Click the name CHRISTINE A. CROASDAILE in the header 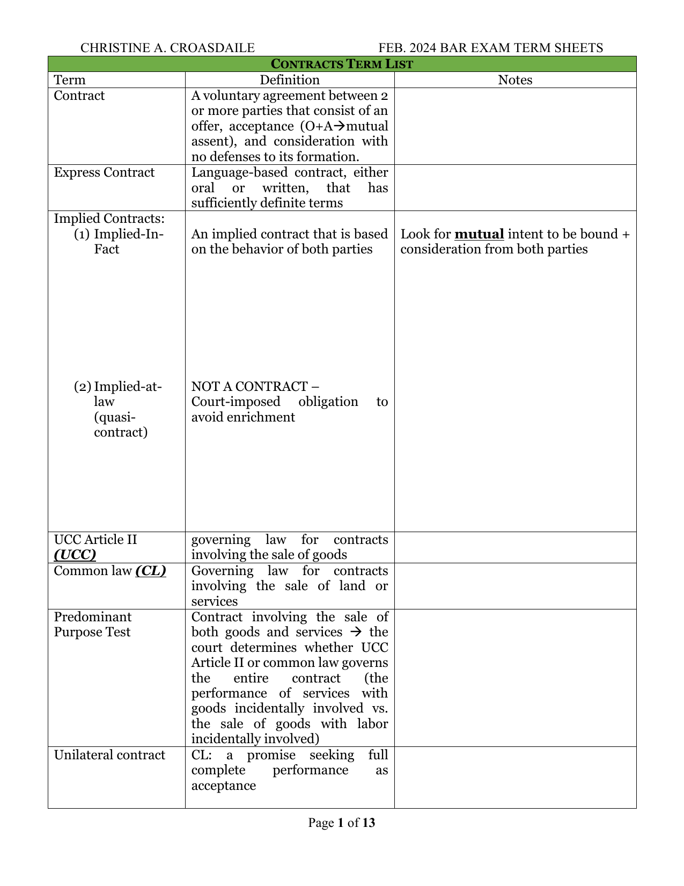[167, 48]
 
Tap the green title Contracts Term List [342, 64]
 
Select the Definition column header [290, 80]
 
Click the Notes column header [515, 80]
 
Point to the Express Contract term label [104, 172]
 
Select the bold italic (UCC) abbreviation [75, 555]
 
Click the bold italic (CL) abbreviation [151, 571]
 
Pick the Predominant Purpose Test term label [93, 624]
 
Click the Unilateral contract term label [109, 755]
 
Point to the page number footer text [342, 823]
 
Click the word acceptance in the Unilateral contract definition [223, 786]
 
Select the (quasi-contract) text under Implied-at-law [120, 425]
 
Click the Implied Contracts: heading [109, 219]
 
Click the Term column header [70, 80]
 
